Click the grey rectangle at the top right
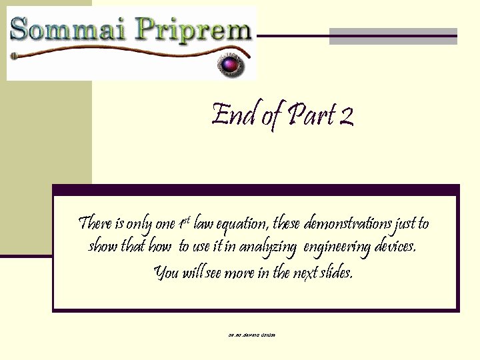click(393, 37)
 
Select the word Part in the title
click(311, 115)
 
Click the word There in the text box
click(95, 223)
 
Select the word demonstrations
click(345, 223)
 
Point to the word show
click(103, 247)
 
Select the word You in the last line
click(165, 273)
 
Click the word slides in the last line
click(337, 272)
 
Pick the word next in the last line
click(305, 273)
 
